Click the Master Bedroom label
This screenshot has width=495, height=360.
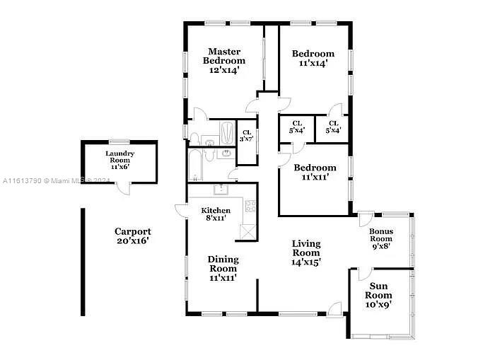[x=224, y=56]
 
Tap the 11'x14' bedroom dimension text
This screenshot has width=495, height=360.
[x=313, y=63]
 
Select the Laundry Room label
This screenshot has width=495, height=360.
[x=120, y=156]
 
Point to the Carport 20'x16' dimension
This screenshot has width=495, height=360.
[x=133, y=240]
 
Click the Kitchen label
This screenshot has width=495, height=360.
[x=216, y=210]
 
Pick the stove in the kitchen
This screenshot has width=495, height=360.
[x=250, y=206]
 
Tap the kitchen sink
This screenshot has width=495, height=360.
[x=221, y=190]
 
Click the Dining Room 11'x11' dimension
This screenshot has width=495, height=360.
[x=223, y=278]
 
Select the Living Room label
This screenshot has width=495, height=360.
[x=306, y=248]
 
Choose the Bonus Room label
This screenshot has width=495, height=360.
[x=381, y=235]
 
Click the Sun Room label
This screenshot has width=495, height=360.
[x=378, y=291]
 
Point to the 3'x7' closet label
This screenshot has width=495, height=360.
[x=247, y=136]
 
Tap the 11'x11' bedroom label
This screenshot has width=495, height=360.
[x=315, y=172]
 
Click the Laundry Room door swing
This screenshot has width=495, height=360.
[x=123, y=189]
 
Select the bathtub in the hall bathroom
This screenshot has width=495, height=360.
[x=194, y=165]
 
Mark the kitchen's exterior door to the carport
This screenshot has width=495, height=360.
[x=181, y=211]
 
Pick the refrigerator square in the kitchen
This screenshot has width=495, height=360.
[x=248, y=232]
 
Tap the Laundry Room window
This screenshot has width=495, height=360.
[x=120, y=141]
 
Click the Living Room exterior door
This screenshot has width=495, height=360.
[x=334, y=309]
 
